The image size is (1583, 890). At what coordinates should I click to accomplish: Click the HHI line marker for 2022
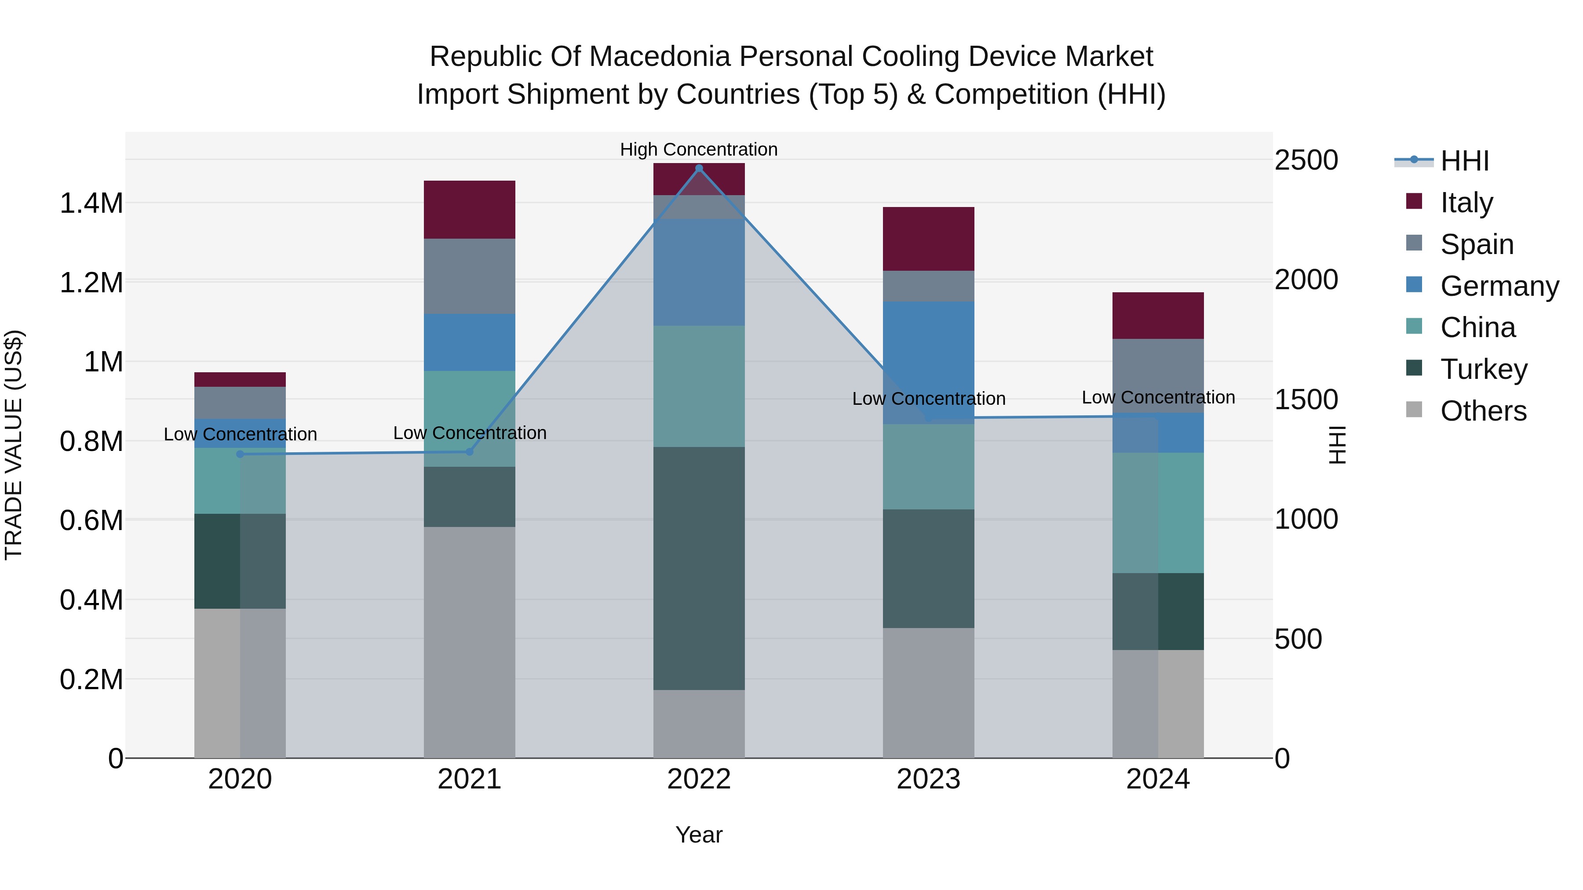(x=699, y=168)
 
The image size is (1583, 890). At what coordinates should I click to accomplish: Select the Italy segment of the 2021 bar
(x=470, y=210)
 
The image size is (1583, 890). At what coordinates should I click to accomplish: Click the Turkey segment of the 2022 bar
(x=699, y=568)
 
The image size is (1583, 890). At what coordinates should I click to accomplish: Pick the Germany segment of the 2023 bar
(x=929, y=363)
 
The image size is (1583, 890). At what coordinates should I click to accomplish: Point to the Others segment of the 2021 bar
(x=470, y=642)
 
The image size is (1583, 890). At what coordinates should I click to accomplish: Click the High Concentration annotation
(x=699, y=149)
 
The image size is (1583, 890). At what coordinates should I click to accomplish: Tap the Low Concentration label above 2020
(x=240, y=434)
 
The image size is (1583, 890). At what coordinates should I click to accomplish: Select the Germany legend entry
(x=1499, y=286)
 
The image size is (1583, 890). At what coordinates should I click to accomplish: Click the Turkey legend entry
(x=1484, y=369)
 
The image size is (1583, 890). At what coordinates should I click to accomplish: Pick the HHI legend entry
(x=1464, y=161)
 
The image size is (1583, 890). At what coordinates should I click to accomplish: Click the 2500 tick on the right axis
(x=1306, y=160)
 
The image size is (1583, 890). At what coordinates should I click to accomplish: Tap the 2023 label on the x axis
(x=929, y=779)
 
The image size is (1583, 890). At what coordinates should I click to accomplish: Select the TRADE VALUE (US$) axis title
(x=14, y=445)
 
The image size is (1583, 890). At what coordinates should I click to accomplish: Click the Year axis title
(x=699, y=835)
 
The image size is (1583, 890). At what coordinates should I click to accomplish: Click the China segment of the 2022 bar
(x=699, y=386)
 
